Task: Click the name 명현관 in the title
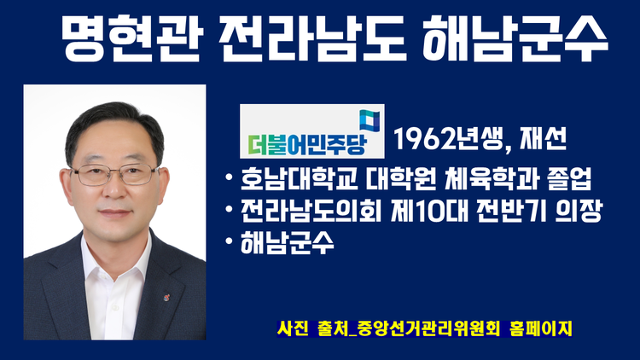pyautogui.click(x=131, y=38)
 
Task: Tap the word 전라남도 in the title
pyautogui.click(x=312, y=38)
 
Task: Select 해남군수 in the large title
pyautogui.click(x=515, y=38)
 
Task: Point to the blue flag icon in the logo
pyautogui.click(x=369, y=121)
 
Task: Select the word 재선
pyautogui.click(x=544, y=138)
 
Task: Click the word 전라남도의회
pyautogui.click(x=311, y=211)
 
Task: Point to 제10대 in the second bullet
pyautogui.click(x=429, y=211)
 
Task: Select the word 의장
pyautogui.click(x=579, y=211)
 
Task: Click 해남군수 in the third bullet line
pyautogui.click(x=288, y=243)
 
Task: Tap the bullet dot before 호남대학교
pyautogui.click(x=230, y=178)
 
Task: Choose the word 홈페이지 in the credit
pyautogui.click(x=541, y=328)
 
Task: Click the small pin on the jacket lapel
pyautogui.click(x=166, y=297)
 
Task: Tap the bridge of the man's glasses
pyautogui.click(x=114, y=171)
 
